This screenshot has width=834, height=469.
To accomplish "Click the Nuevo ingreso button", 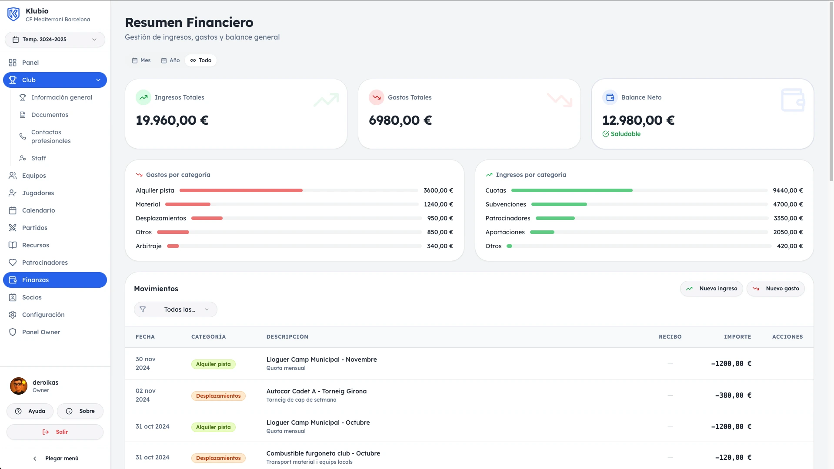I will [711, 289].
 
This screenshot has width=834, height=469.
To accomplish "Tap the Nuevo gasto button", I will [776, 289].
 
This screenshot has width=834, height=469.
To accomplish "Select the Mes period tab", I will [141, 60].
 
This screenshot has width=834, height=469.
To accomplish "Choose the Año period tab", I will [170, 60].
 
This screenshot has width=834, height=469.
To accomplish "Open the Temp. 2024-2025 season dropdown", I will [55, 40].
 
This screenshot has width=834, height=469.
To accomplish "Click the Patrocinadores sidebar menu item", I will [45, 263].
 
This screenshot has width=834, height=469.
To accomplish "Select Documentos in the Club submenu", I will [50, 115].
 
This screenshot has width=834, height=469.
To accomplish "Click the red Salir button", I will [55, 432].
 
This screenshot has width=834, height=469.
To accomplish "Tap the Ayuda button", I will [30, 411].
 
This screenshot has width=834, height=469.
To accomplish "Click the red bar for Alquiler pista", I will [241, 190].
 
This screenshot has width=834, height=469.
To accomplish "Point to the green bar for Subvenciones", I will [559, 204].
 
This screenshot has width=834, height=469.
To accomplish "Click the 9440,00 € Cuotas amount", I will [787, 190].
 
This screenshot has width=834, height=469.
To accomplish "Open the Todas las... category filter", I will [175, 309].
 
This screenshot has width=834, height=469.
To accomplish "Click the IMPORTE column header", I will [737, 337].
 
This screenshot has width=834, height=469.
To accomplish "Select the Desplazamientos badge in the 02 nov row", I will [218, 396].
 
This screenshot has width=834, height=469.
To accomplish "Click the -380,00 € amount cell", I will [733, 396].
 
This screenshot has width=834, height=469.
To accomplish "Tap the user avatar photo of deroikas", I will [19, 386].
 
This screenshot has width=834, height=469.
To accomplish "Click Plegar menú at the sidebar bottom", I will [56, 459].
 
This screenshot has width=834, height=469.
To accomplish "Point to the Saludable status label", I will [625, 134].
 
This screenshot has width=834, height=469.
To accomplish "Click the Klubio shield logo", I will [13, 14].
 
